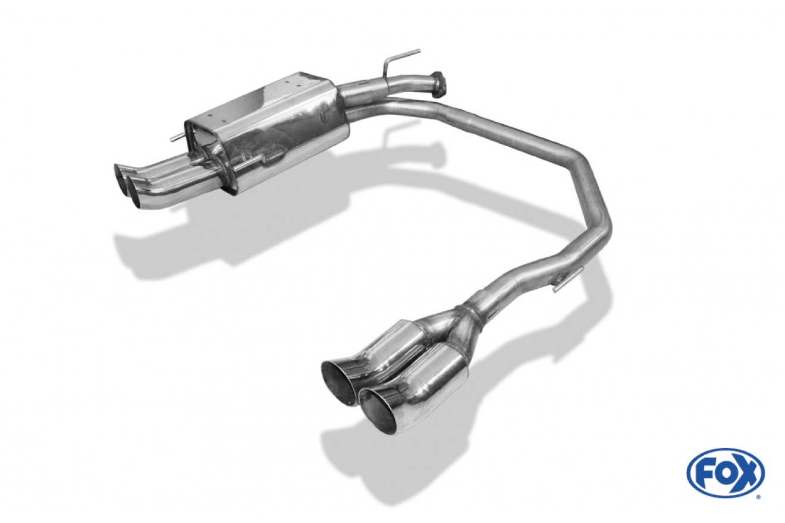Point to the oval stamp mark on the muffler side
[324, 116]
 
